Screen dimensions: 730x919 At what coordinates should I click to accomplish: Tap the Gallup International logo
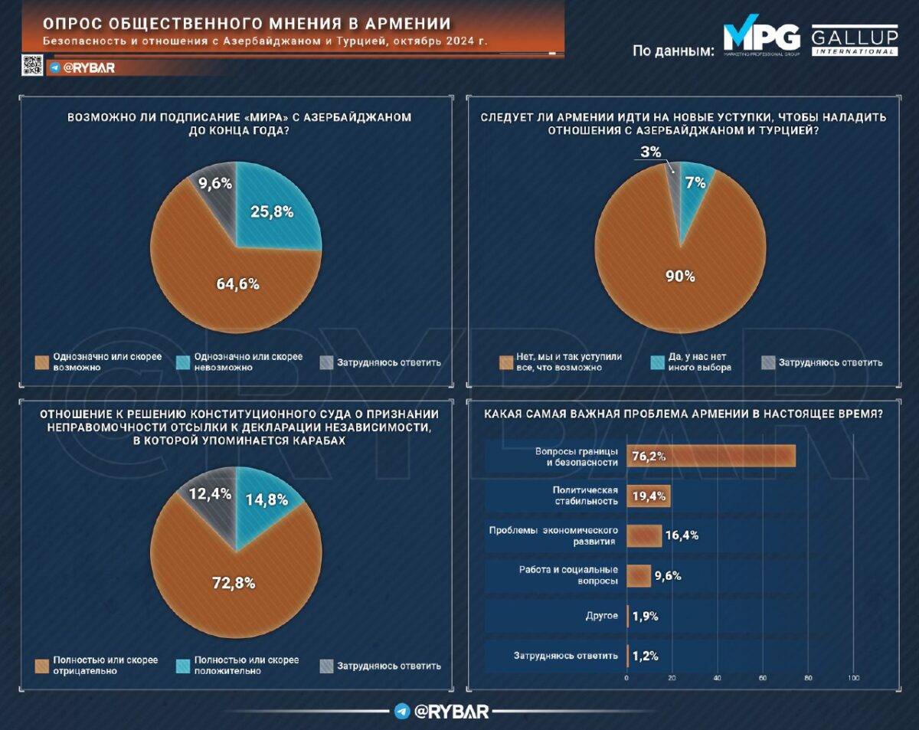[x=855, y=41]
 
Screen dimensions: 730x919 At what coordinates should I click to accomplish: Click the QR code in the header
[x=31, y=67]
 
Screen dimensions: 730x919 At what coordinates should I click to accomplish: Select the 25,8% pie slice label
[x=273, y=212]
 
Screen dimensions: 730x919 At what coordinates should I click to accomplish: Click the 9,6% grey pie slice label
[x=215, y=184]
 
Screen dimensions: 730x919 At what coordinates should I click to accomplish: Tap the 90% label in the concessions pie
[x=680, y=277]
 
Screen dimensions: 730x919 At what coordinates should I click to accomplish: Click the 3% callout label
[x=651, y=152]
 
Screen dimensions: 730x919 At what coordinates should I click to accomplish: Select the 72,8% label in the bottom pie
[x=234, y=583]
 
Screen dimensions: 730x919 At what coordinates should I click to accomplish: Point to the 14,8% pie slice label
[x=267, y=500]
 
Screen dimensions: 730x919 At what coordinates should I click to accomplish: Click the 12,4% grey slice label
[x=210, y=494]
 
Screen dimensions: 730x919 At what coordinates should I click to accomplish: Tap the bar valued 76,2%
[x=711, y=456]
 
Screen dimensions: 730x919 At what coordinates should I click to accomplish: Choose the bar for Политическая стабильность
[x=649, y=496]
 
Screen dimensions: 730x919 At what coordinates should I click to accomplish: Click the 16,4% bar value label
[x=681, y=535]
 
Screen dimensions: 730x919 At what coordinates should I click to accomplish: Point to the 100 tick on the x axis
[x=854, y=678]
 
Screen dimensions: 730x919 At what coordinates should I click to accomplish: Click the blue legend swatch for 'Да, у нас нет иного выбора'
[x=658, y=362]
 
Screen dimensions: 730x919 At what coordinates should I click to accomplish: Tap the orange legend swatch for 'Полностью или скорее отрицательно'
[x=42, y=665]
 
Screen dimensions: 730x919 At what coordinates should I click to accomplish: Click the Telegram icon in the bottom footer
[x=402, y=711]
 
